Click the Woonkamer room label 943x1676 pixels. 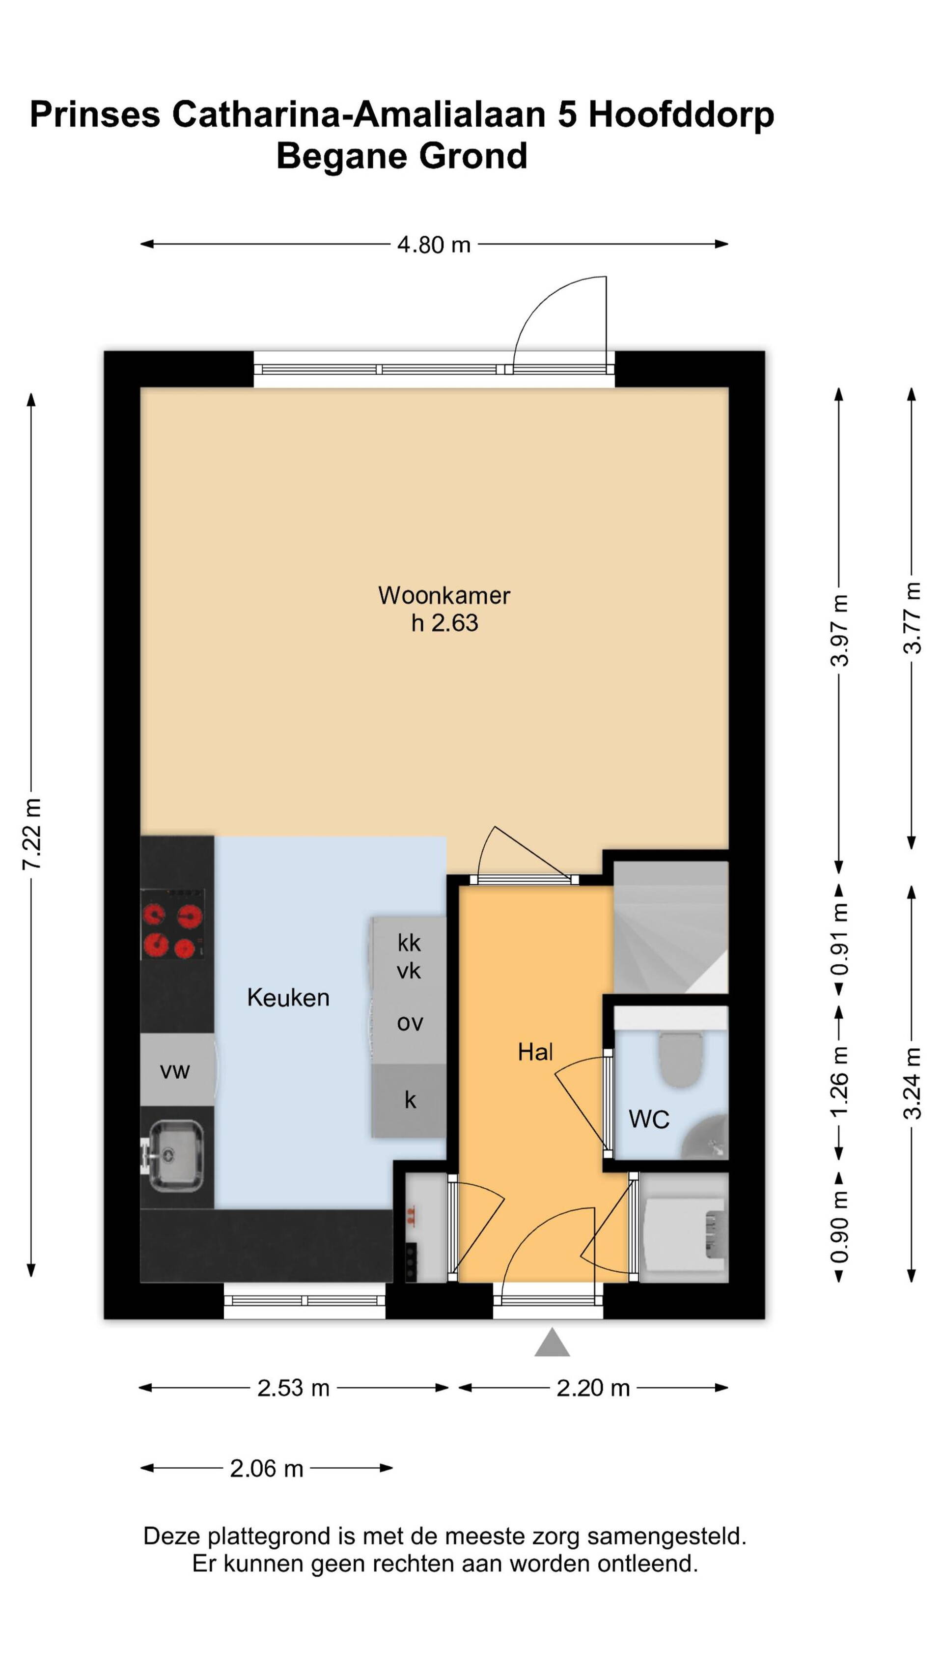pyautogui.click(x=444, y=595)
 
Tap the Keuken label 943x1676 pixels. pyautogui.click(x=288, y=998)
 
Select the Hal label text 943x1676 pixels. pyautogui.click(x=535, y=1052)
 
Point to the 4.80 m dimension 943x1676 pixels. pyautogui.click(x=434, y=245)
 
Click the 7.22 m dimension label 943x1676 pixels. pyautogui.click(x=32, y=834)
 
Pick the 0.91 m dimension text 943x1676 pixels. pyautogui.click(x=839, y=939)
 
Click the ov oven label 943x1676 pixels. pyautogui.click(x=410, y=1023)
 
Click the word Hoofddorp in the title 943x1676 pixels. pyautogui.click(x=681, y=114)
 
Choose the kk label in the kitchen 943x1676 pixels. pyautogui.click(x=409, y=942)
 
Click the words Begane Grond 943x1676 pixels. pyautogui.click(x=401, y=156)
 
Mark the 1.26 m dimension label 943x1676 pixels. pyautogui.click(x=839, y=1083)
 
